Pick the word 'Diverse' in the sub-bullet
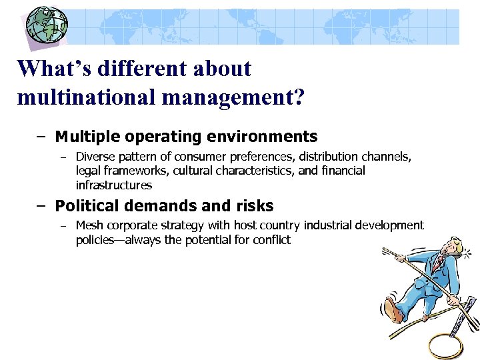point(97,157)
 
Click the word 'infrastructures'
point(114,185)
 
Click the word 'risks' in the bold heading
point(253,206)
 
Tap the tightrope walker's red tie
point(437,265)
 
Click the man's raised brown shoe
point(394,313)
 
